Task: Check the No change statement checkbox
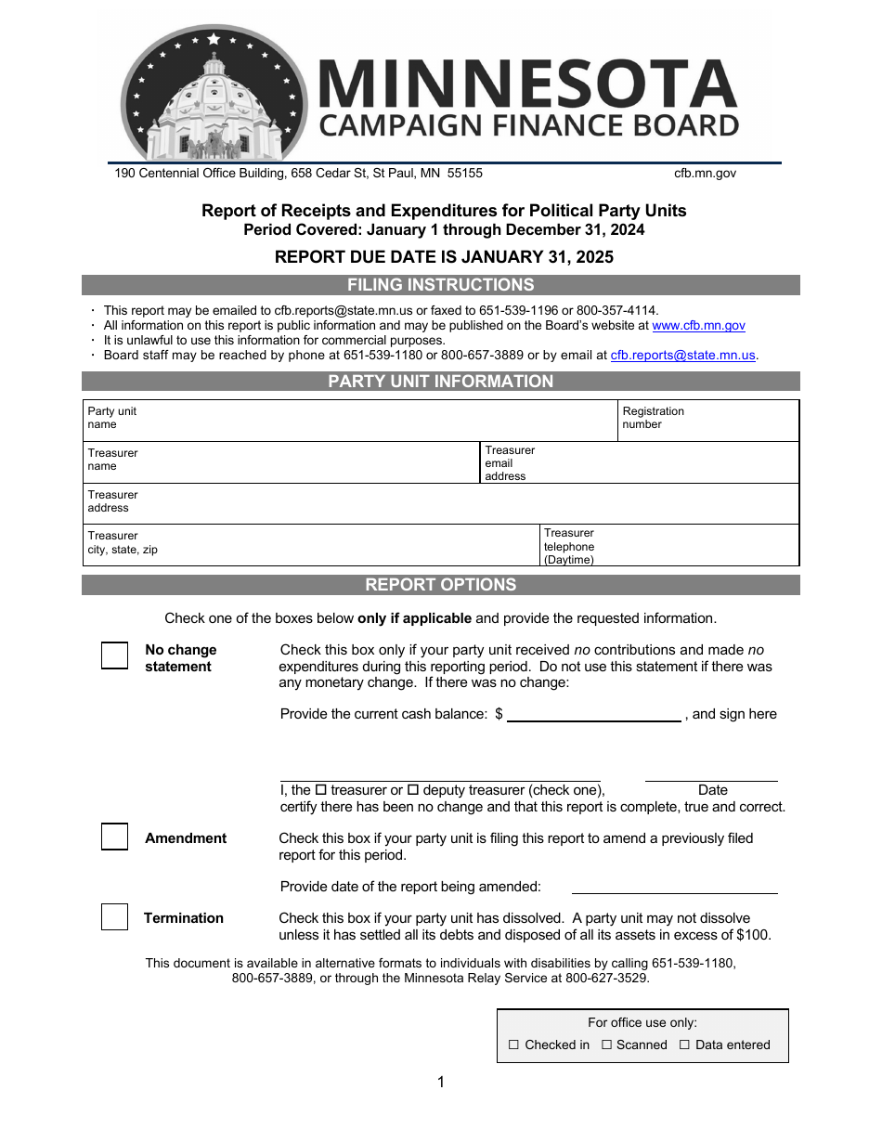click(114, 655)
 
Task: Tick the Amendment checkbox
click(114, 837)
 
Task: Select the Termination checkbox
click(114, 917)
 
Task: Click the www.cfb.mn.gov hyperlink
click(698, 326)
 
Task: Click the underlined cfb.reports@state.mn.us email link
click(682, 356)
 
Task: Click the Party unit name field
click(371, 420)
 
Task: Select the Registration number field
click(733, 420)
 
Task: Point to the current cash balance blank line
click(594, 715)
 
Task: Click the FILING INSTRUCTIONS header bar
click(441, 285)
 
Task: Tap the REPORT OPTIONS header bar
click(441, 585)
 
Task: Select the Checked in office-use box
click(513, 1045)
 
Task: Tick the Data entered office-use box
click(684, 1045)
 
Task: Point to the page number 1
click(441, 1082)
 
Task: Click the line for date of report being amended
click(674, 889)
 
